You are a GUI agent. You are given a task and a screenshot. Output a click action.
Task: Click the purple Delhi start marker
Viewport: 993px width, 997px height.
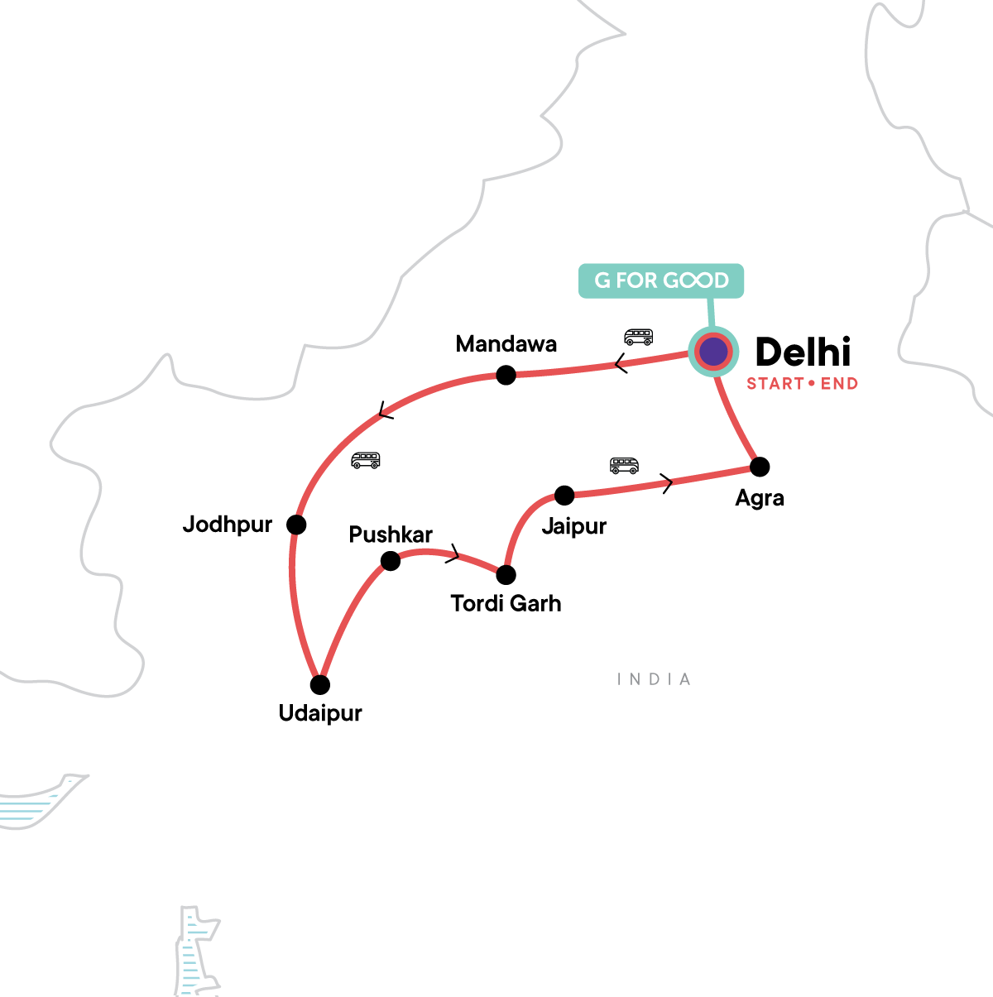click(x=712, y=352)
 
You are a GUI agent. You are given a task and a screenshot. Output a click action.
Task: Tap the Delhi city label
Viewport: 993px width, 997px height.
click(x=803, y=352)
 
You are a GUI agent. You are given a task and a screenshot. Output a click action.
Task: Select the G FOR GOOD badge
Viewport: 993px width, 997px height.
click(x=661, y=280)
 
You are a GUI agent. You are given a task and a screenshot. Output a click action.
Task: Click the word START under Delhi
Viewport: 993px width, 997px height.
click(x=775, y=384)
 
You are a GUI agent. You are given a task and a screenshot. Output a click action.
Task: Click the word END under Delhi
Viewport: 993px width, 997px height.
click(x=839, y=384)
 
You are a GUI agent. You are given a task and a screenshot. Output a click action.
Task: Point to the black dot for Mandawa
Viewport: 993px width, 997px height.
click(x=506, y=376)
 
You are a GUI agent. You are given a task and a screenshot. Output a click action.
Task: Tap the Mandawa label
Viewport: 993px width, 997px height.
click(x=506, y=344)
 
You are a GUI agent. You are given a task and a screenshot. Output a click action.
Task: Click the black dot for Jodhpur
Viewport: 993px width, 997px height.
click(x=296, y=525)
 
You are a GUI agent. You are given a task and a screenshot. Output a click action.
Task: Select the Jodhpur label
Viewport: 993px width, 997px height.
click(x=228, y=525)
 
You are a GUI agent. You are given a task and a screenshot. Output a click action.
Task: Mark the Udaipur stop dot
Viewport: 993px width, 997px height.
click(x=320, y=685)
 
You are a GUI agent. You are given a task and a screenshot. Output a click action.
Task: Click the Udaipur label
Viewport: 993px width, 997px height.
click(x=320, y=713)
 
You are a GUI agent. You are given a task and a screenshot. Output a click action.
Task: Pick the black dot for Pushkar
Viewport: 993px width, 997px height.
click(x=391, y=562)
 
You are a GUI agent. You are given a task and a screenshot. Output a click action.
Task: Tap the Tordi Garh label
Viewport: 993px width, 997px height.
click(x=506, y=604)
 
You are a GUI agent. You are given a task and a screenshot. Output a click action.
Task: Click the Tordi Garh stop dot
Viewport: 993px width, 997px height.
click(x=506, y=574)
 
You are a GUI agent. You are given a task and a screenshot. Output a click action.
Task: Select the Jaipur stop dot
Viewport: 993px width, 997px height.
click(x=564, y=496)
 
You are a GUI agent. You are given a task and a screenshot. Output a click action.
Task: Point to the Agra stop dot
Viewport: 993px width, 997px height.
click(x=760, y=467)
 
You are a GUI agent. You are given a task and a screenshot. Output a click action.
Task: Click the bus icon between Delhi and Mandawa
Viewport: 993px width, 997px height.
click(x=638, y=337)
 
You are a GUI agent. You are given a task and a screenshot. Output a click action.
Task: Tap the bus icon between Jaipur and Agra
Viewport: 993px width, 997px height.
click(x=624, y=465)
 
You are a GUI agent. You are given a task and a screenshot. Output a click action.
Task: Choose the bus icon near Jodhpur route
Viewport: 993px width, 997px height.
click(x=365, y=460)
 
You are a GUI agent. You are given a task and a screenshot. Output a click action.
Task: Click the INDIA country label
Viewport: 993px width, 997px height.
click(x=654, y=679)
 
